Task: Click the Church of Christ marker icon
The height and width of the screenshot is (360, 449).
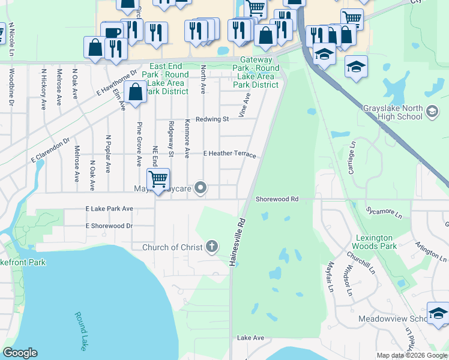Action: (x=211, y=246)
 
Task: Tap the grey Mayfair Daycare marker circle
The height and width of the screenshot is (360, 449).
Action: (x=202, y=188)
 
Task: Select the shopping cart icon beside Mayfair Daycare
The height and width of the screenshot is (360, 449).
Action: (x=158, y=179)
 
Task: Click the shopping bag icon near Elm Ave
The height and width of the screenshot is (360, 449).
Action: (x=136, y=92)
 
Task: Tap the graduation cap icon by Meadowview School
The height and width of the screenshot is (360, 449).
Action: (x=438, y=314)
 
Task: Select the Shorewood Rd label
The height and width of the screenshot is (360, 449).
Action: (x=277, y=199)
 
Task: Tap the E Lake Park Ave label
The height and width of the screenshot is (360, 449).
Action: (x=109, y=209)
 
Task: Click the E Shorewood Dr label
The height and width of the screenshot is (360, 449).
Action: (x=109, y=226)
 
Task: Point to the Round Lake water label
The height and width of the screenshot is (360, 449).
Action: (x=81, y=328)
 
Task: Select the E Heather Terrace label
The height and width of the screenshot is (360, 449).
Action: (x=229, y=154)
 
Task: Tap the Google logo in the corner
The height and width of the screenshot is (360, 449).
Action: (x=20, y=353)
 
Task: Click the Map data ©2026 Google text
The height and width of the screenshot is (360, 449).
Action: (x=411, y=356)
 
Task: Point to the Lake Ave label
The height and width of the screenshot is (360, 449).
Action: (x=250, y=338)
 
